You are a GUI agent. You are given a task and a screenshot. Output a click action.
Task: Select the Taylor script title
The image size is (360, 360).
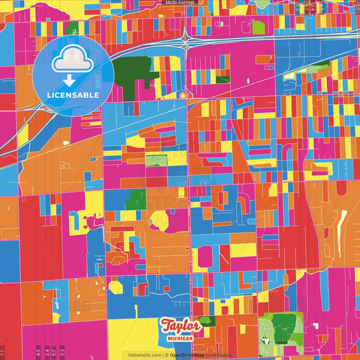(x=181, y=327)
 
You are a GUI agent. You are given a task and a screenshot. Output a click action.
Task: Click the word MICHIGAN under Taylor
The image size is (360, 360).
(x=181, y=337)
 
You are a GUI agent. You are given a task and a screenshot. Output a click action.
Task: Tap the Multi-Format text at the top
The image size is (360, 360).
(x=180, y=3)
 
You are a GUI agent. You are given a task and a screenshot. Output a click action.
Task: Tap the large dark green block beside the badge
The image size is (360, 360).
(x=130, y=71)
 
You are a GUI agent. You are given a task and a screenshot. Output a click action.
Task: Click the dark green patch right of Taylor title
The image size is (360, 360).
(x=207, y=321)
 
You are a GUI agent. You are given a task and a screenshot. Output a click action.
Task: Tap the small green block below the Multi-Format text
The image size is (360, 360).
(x=259, y=28)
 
